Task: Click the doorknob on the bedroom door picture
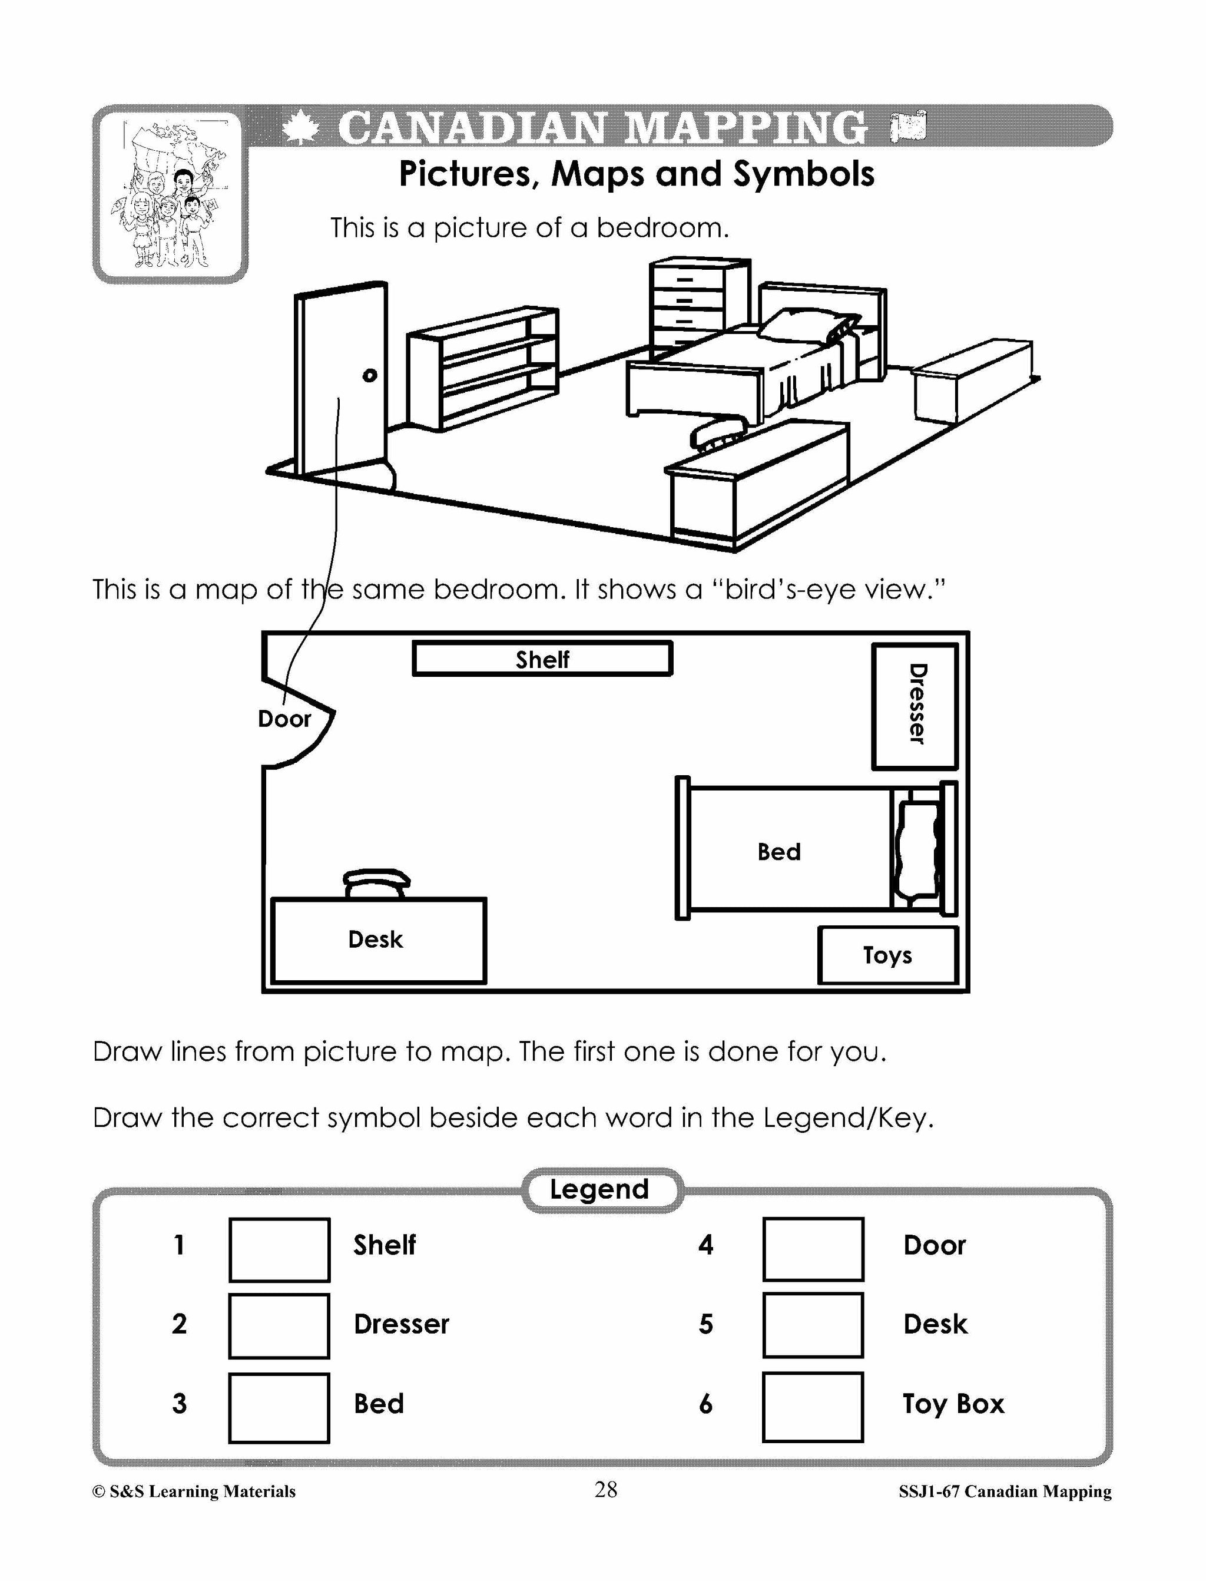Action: (x=370, y=375)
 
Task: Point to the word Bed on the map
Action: (x=779, y=852)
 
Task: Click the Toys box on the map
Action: (x=888, y=955)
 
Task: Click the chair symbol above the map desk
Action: (x=377, y=882)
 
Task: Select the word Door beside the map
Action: (x=284, y=719)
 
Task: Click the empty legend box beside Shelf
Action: (x=279, y=1249)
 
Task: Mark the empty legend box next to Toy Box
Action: (x=813, y=1407)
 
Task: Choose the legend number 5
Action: (x=705, y=1324)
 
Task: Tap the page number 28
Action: (x=605, y=1489)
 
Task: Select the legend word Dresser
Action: (x=401, y=1324)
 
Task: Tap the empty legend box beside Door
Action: (x=813, y=1249)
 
